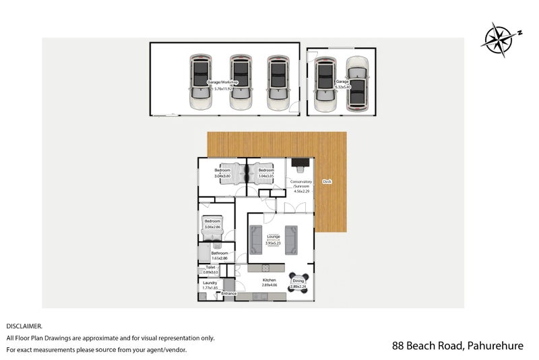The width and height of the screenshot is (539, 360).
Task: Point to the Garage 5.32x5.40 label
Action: [343, 84]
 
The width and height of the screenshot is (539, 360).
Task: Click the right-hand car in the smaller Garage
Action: [358, 84]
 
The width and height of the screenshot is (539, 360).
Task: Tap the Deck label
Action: [327, 181]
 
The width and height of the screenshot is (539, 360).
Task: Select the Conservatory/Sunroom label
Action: [300, 185]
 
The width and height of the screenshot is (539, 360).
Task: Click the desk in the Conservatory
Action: [300, 162]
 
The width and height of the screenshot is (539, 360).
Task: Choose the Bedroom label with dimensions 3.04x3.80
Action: [222, 173]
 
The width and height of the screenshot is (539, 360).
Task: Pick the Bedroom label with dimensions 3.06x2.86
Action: [213, 224]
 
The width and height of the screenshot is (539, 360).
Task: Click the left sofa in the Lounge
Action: [256, 238]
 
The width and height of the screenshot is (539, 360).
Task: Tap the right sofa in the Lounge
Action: [292, 238]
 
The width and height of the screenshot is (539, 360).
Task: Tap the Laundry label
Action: [210, 285]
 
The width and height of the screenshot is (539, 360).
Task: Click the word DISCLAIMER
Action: [24, 326]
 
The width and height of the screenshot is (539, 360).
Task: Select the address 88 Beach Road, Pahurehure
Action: [457, 346]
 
